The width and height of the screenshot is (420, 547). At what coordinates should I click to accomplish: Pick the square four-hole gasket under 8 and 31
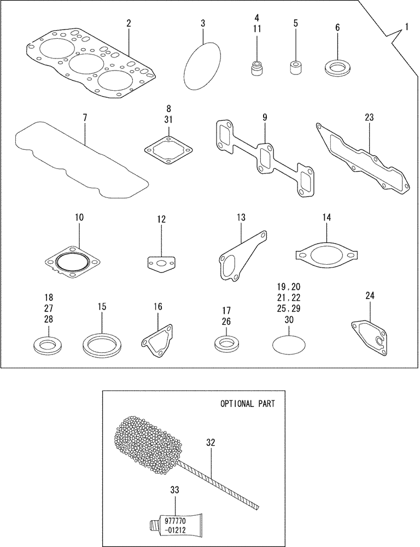click(x=169, y=149)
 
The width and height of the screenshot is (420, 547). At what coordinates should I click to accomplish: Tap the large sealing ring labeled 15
click(x=101, y=345)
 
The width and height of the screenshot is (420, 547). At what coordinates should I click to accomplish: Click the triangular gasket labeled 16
click(x=158, y=339)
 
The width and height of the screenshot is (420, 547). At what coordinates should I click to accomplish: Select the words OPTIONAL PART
click(x=247, y=404)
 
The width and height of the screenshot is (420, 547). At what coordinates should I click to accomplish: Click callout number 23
click(x=369, y=117)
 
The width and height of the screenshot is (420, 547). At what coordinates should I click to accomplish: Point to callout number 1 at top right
click(x=406, y=26)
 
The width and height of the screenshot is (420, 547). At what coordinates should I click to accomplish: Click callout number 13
click(x=241, y=218)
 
